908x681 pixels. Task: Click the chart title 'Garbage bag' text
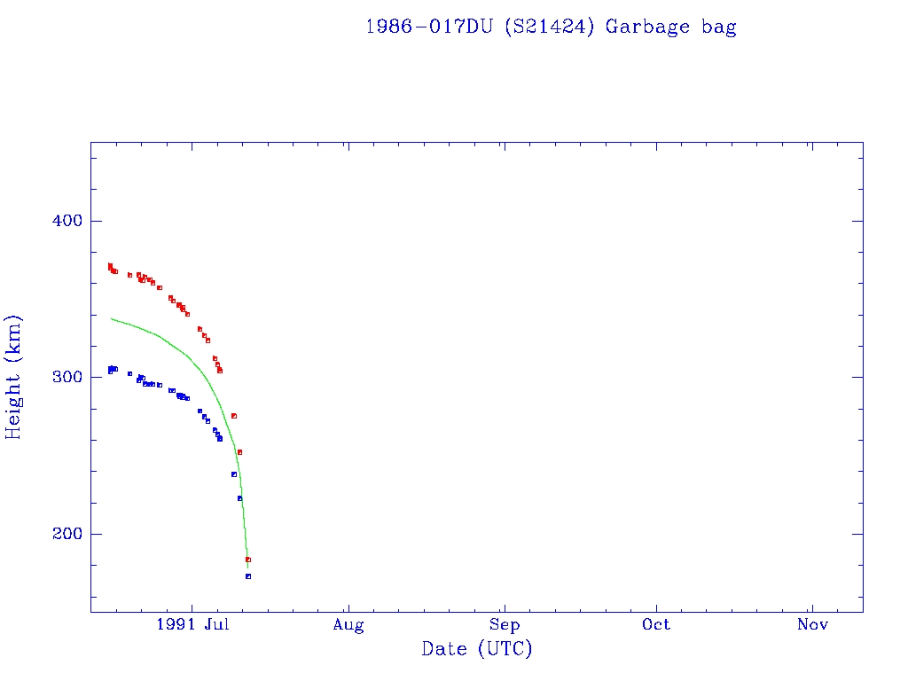click(670, 27)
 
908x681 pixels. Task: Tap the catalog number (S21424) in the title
click(549, 27)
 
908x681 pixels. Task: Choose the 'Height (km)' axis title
click(14, 377)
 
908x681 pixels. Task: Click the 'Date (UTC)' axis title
click(477, 649)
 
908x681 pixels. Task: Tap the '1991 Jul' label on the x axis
click(192, 625)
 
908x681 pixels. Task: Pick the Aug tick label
click(348, 625)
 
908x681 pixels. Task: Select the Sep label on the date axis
click(504, 625)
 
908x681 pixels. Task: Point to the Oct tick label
click(657, 625)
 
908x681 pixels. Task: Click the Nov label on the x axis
click(812, 625)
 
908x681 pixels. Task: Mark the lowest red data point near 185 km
click(248, 560)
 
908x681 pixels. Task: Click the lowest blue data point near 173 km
click(248, 576)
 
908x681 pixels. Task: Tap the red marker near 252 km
click(239, 452)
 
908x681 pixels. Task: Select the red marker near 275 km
click(234, 416)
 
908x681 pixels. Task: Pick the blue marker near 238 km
click(234, 474)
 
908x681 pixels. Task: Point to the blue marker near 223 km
click(239, 498)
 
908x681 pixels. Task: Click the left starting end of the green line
click(111, 318)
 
